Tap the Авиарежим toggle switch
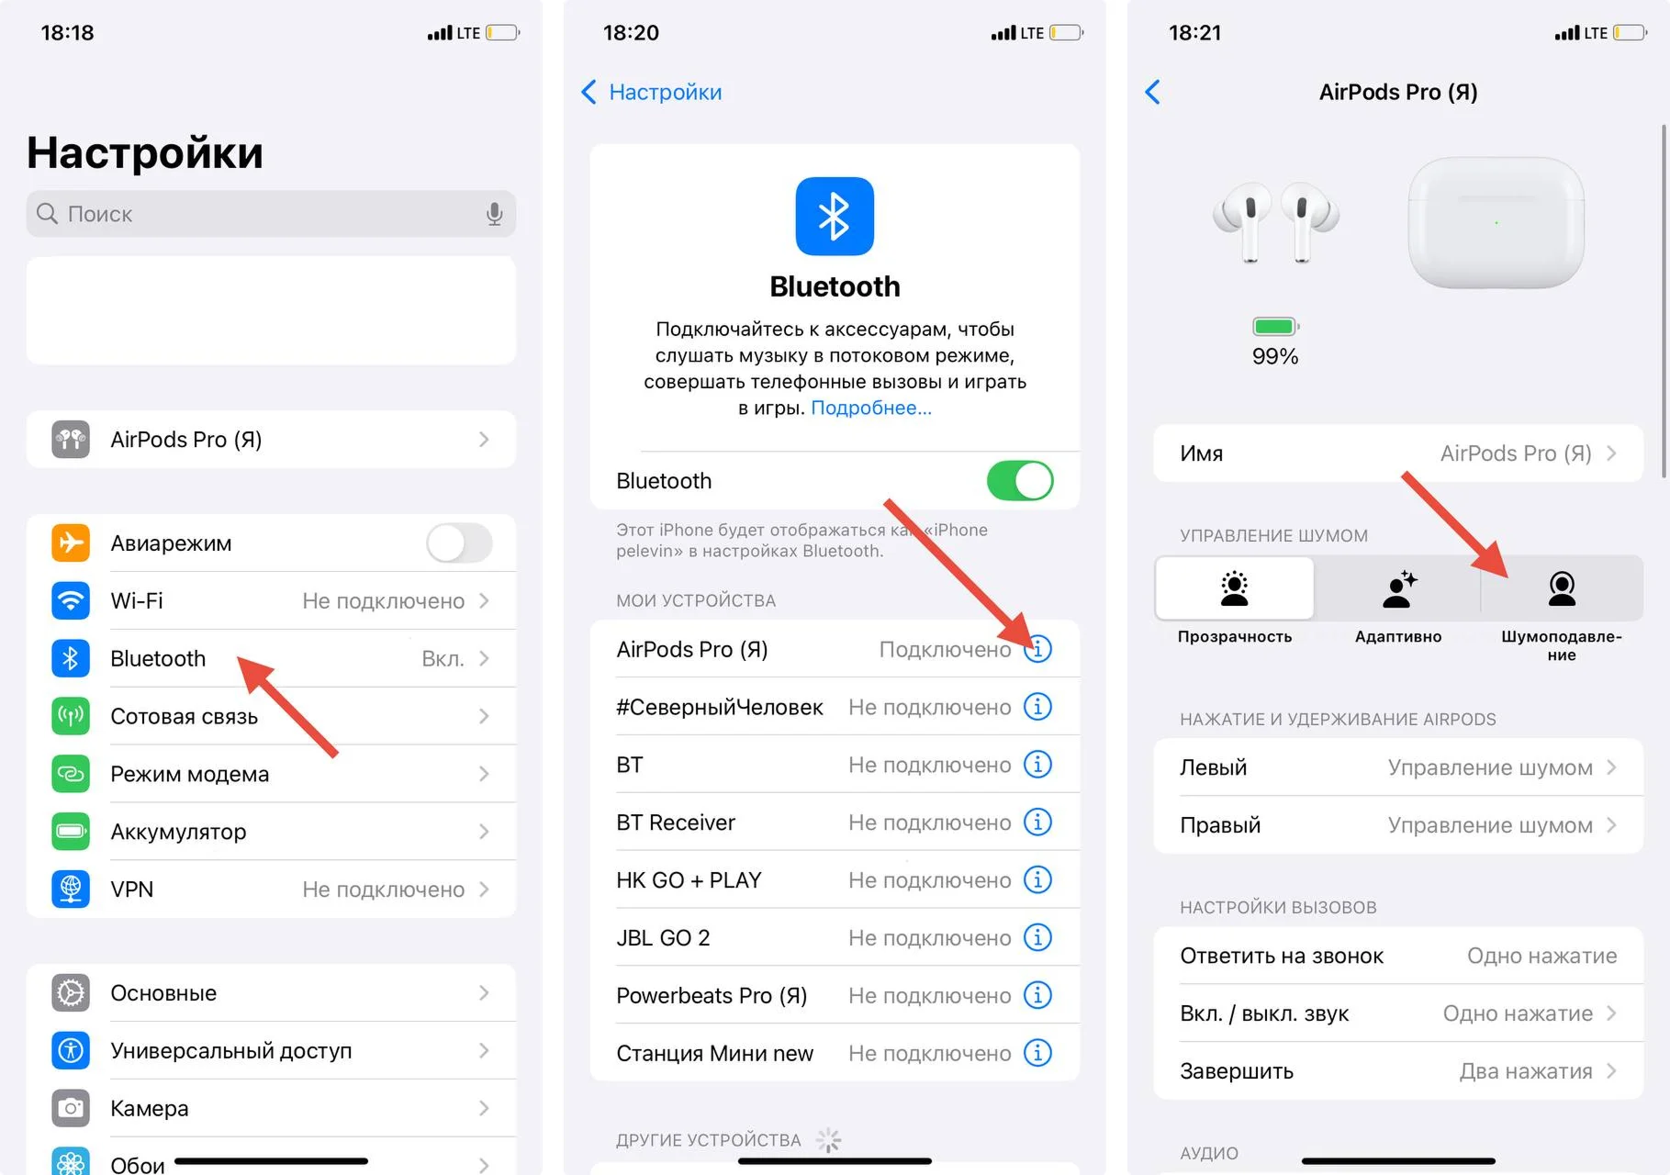[459, 543]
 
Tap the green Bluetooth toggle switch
[1020, 480]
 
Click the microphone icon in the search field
[494, 214]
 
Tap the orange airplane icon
[71, 543]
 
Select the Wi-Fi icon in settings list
[71, 600]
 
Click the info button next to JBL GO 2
[1037, 937]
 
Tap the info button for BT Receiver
[1037, 822]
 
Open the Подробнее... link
[871, 408]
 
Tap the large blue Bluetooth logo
[835, 216]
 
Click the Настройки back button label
[666, 92]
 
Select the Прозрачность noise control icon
[1235, 588]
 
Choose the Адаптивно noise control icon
[1399, 588]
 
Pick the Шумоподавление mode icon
[1562, 588]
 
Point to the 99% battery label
[1275, 356]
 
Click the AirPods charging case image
[1496, 223]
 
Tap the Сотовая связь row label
[185, 716]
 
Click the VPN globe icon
[71, 889]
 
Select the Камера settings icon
[71, 1108]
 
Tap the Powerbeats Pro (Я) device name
[712, 995]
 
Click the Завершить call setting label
[1237, 1071]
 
